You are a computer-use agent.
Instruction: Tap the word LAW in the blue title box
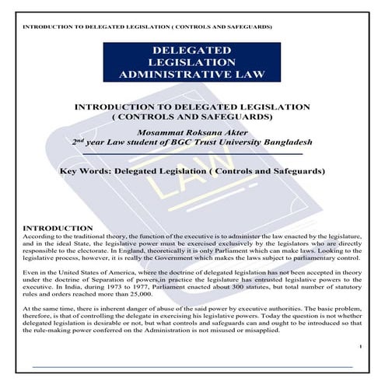(245, 75)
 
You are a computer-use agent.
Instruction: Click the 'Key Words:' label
(85, 170)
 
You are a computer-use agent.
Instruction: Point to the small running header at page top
(147, 26)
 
